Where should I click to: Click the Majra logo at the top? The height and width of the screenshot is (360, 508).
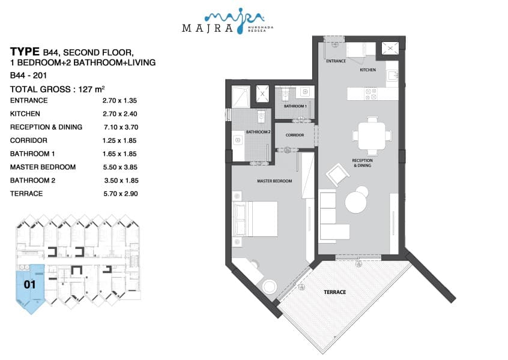228,21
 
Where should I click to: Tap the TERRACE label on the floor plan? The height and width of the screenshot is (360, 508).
334,292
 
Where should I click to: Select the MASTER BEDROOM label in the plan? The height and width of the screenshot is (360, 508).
274,181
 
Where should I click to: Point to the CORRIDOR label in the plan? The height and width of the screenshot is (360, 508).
295,135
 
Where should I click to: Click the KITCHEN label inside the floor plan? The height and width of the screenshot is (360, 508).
367,70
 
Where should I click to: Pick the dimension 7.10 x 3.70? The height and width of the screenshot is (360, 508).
121,127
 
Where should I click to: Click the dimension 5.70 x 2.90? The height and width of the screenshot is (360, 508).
121,194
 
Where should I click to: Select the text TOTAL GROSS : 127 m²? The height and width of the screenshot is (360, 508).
57,89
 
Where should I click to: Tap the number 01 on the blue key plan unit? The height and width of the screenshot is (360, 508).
29,284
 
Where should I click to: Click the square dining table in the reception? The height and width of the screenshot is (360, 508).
372,136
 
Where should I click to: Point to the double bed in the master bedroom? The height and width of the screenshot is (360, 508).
255,219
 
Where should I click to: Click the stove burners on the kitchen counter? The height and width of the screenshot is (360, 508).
371,94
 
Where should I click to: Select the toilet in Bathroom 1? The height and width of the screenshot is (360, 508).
285,94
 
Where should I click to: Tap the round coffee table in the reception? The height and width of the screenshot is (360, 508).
355,202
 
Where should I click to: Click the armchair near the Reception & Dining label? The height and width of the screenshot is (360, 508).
337,175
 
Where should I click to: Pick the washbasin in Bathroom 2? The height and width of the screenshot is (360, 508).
238,140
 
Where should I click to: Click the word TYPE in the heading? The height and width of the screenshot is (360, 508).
25,52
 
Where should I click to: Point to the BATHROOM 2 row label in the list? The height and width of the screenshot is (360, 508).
32,181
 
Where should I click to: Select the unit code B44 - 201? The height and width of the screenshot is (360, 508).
28,76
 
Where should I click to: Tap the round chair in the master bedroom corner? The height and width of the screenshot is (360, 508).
270,287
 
